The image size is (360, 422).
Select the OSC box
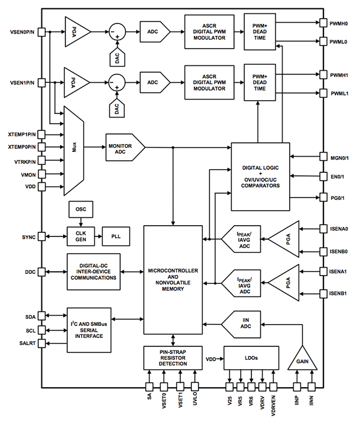click(81, 210)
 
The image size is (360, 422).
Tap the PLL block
click(115, 235)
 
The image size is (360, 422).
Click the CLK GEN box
click(80, 235)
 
